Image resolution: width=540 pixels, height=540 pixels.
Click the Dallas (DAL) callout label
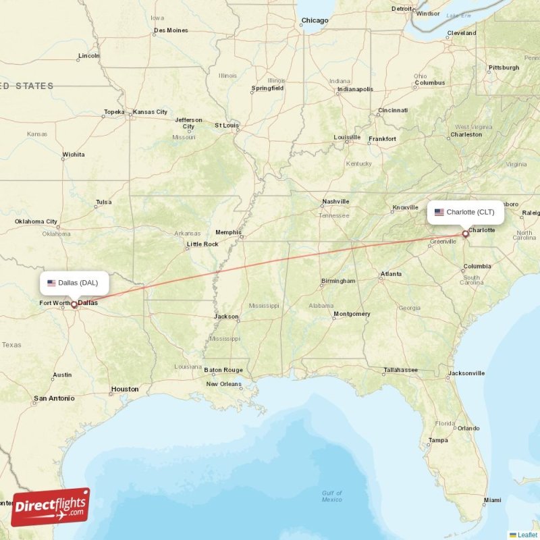point(74,282)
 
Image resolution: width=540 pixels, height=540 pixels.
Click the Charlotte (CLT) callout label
point(465,212)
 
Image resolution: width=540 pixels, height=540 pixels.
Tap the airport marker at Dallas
point(74,304)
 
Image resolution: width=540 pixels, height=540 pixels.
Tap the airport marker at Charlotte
point(465,234)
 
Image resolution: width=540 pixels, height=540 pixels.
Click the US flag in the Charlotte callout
point(439,212)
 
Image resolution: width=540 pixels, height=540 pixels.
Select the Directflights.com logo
point(51,507)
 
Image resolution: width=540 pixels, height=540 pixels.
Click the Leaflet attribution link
point(527,535)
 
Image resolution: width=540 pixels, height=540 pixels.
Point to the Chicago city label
point(315,21)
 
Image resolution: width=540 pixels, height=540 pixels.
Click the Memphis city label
point(228,232)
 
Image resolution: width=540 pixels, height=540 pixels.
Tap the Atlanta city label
point(390,274)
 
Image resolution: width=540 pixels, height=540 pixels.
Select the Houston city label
point(125,389)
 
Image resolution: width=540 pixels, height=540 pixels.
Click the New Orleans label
point(223,384)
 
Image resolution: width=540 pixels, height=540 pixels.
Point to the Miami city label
point(492,500)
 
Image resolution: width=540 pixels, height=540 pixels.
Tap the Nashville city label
point(335,201)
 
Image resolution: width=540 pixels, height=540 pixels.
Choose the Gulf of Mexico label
point(331,496)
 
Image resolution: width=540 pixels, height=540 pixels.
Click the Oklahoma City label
point(36,221)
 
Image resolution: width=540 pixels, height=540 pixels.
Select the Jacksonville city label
point(466,373)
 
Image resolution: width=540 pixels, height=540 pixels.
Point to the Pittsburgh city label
point(504,67)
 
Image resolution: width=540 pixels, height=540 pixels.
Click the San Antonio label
point(54,398)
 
